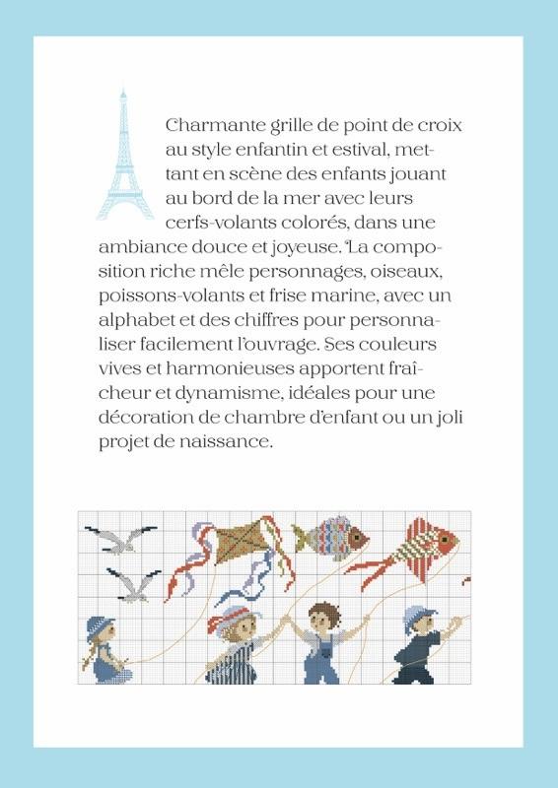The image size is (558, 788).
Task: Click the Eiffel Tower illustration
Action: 125,156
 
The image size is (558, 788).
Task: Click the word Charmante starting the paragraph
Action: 215,125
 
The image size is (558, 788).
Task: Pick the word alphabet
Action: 135,320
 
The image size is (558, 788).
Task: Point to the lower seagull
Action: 133,584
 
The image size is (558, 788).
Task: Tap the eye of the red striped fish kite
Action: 445,539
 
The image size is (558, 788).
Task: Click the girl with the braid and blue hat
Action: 105,649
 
